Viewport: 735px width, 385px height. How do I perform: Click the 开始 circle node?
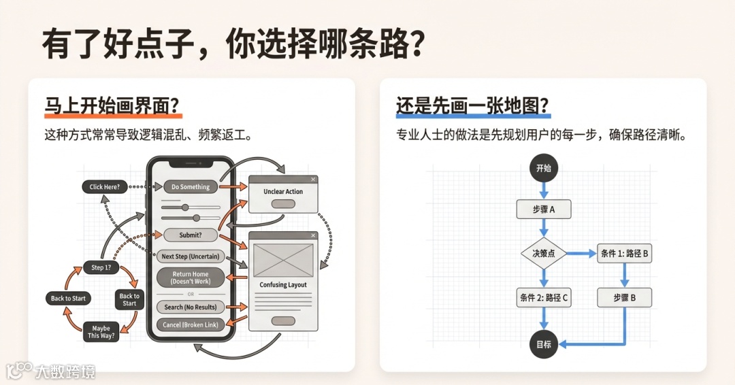(x=543, y=168)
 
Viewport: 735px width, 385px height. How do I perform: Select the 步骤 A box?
(x=543, y=210)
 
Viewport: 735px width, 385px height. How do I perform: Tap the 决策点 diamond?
(x=543, y=253)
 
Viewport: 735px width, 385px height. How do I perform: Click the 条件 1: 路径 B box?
(x=624, y=254)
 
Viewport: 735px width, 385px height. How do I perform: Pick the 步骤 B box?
(x=624, y=297)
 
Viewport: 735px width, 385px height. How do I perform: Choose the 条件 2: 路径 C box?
(x=543, y=297)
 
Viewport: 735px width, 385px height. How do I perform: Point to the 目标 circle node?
(x=543, y=344)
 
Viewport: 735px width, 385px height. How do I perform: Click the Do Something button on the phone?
(x=191, y=186)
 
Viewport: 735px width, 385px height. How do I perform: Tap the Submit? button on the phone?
(x=191, y=235)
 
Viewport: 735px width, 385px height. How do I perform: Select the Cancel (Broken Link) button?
(x=191, y=324)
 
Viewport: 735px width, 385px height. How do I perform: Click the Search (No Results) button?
(x=191, y=307)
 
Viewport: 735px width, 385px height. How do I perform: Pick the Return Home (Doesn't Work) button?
(x=191, y=278)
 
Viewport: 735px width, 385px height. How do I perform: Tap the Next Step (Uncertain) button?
(x=191, y=256)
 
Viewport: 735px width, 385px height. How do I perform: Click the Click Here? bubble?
(x=105, y=186)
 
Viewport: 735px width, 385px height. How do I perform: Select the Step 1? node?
(x=101, y=267)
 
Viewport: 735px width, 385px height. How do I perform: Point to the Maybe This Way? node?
(x=101, y=332)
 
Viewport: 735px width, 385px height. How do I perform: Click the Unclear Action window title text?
(x=283, y=192)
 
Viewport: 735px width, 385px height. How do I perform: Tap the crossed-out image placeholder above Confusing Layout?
(x=282, y=259)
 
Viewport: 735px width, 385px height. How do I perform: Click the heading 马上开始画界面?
(x=113, y=106)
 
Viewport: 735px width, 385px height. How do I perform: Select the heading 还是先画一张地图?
(x=473, y=106)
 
